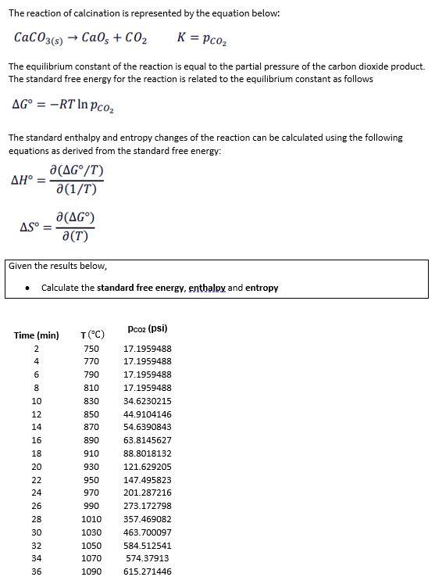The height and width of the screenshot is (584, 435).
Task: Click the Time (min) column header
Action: (x=36, y=335)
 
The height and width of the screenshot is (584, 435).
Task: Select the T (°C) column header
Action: (x=92, y=335)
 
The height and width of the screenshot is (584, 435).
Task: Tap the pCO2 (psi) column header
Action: (x=148, y=328)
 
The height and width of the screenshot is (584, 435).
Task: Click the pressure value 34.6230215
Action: (x=148, y=401)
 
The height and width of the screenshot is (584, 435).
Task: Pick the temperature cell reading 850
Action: (x=91, y=414)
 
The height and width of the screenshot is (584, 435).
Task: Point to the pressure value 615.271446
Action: (x=148, y=572)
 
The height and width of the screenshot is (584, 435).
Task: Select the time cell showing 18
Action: (x=36, y=453)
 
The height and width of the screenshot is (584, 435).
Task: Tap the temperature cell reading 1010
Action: (x=91, y=519)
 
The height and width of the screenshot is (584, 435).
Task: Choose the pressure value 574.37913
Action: (x=148, y=559)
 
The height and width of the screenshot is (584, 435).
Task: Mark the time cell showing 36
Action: (x=36, y=572)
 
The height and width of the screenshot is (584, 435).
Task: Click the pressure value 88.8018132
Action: (x=148, y=453)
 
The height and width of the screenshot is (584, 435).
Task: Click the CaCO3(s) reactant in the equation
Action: (x=37, y=38)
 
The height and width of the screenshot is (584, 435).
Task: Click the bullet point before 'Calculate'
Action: (x=28, y=288)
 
